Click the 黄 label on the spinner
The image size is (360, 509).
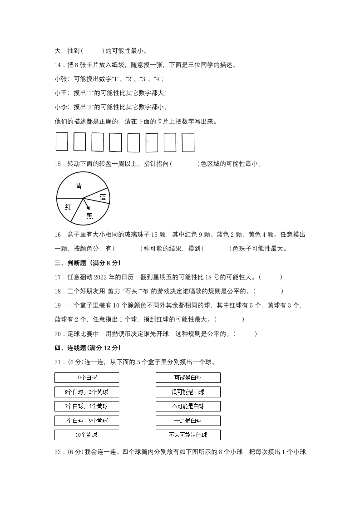[79, 186]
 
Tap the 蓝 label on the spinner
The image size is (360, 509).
[103, 197]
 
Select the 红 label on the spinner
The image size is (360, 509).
[68, 207]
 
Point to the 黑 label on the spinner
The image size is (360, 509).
[89, 216]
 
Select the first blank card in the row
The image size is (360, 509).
[62, 142]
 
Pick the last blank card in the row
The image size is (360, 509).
[188, 142]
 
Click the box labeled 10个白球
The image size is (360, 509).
[87, 378]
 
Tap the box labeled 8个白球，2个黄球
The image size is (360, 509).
[87, 392]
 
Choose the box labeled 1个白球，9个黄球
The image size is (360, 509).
[87, 421]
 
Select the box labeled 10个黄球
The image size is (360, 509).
[87, 435]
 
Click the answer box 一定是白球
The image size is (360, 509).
[188, 421]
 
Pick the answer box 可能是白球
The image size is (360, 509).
[188, 378]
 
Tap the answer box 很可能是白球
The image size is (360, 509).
[188, 392]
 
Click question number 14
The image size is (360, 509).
[58, 65]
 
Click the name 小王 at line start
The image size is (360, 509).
[60, 93]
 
